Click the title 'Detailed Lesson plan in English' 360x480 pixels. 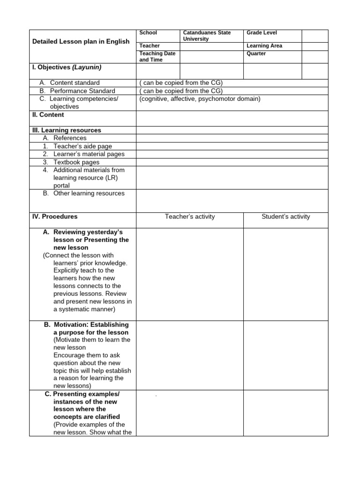coord(81,42)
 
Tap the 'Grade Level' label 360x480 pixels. coord(262,33)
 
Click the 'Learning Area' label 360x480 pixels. coord(264,46)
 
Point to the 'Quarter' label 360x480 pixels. coord(256,53)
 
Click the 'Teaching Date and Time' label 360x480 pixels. coord(157,57)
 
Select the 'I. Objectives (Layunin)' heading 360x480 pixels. coord(67,67)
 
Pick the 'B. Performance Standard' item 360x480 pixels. coord(77,91)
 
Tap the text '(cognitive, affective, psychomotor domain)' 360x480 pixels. coord(200,99)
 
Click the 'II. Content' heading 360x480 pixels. coord(48,115)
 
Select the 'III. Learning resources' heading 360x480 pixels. coord(67,130)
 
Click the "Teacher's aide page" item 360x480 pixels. coord(82,146)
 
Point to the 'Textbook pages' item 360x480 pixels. coord(76,162)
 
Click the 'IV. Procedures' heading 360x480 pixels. coord(55,217)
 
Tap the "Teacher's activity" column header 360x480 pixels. coord(190,217)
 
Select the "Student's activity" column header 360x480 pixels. coord(285,217)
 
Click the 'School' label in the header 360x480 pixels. coord(148,33)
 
